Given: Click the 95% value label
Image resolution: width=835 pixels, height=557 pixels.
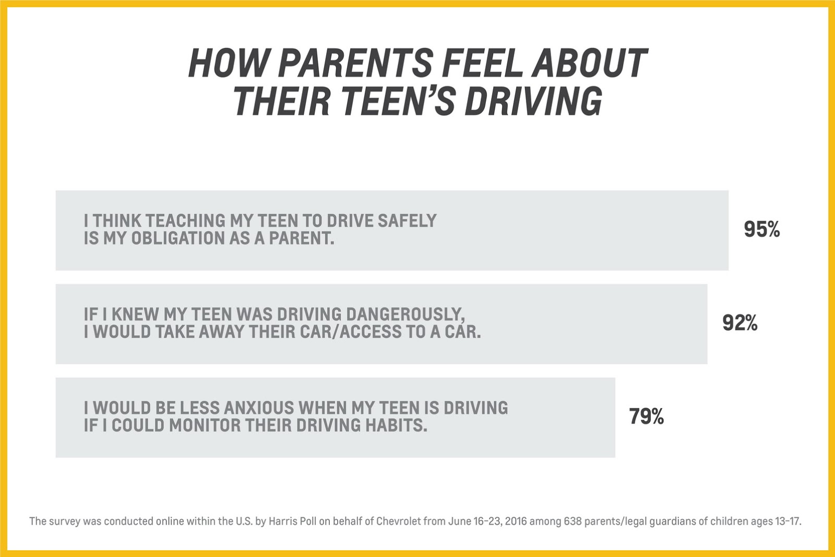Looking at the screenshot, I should point(761,230).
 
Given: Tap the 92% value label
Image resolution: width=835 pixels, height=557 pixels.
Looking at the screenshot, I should point(739,323).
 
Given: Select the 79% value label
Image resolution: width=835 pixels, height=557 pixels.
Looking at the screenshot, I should point(646,417).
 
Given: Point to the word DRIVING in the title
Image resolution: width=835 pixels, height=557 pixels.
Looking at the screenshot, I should point(533,101).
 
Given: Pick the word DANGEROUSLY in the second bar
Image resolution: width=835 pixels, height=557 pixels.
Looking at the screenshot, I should point(405,314).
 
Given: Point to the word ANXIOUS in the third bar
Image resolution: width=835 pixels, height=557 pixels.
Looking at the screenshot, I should point(244,408).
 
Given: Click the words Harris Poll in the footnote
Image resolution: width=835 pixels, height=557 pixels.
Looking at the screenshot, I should point(292,522).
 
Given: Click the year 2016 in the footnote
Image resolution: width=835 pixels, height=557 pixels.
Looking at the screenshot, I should point(516,522).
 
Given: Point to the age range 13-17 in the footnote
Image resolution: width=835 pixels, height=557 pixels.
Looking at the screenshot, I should point(787,522).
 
